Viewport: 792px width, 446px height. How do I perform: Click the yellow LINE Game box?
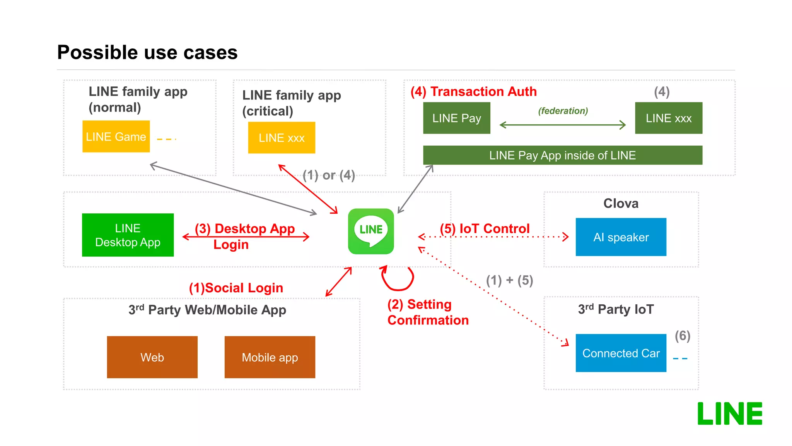[116, 136]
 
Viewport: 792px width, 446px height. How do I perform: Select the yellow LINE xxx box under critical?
[282, 138]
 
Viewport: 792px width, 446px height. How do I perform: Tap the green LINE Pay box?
[456, 118]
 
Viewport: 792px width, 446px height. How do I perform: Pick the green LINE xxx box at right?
[668, 118]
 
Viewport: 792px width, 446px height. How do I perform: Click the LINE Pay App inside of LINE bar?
[562, 155]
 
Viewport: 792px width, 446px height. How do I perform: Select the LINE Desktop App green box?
[128, 235]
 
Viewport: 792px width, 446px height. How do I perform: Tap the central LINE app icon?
[371, 231]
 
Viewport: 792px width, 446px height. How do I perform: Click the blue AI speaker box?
[621, 237]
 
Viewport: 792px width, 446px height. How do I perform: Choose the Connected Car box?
[621, 353]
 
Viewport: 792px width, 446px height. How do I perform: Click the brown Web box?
[152, 357]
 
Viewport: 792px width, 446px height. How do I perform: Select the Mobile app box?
[270, 357]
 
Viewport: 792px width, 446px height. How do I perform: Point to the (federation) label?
[563, 111]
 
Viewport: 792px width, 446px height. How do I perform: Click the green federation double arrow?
[562, 125]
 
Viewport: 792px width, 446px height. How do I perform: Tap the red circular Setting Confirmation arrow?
[398, 278]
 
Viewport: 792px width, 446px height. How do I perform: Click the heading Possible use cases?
[147, 52]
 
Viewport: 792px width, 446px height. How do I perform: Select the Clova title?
[621, 203]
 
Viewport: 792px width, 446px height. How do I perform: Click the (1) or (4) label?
[329, 175]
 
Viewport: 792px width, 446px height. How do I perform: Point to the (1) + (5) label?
[509, 280]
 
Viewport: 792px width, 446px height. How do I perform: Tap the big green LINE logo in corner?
[729, 413]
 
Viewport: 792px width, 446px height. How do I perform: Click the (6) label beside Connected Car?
[682, 336]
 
